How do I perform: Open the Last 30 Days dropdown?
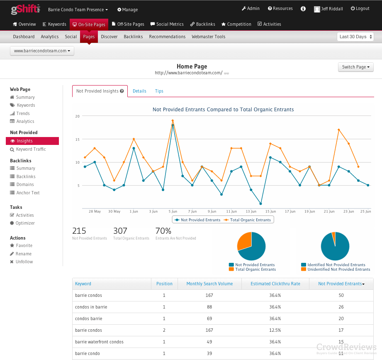pyautogui.click(x=355, y=37)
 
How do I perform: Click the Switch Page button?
pyautogui.click(x=355, y=67)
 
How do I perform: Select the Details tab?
pyautogui.click(x=139, y=91)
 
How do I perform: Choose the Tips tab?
pyautogui.click(x=159, y=91)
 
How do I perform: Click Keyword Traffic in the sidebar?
pyautogui.click(x=31, y=149)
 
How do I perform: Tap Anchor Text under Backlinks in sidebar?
pyautogui.click(x=28, y=193)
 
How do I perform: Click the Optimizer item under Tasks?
pyautogui.click(x=25, y=223)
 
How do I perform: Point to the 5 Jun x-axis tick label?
pyautogui.click(x=173, y=211)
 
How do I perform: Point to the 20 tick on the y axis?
pyautogui.click(x=77, y=116)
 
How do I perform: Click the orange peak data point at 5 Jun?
pyautogui.click(x=173, y=121)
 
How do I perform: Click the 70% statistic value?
pyautogui.click(x=163, y=231)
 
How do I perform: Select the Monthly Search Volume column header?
pyautogui.click(x=209, y=284)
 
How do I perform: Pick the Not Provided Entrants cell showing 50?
pyautogui.click(x=341, y=296)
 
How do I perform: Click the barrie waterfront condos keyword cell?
pyautogui.click(x=99, y=342)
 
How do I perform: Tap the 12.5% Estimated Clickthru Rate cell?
pyautogui.click(x=275, y=331)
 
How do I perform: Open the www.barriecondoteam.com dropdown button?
pyautogui.click(x=42, y=51)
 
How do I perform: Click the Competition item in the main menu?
pyautogui.click(x=236, y=24)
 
